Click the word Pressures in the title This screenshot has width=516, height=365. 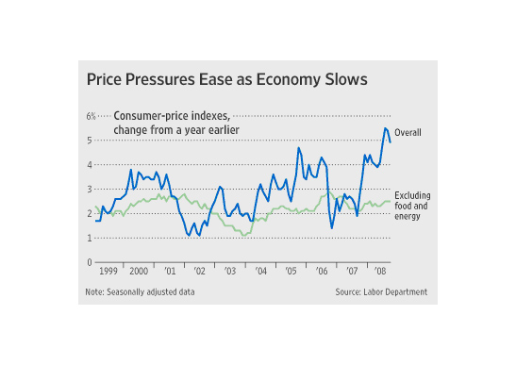pyautogui.click(x=160, y=79)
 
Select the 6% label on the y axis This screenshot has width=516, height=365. pyautogui.click(x=92, y=116)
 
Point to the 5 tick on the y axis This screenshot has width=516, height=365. pyautogui.click(x=90, y=141)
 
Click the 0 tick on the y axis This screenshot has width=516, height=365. pyautogui.click(x=90, y=262)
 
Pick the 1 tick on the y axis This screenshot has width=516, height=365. pyautogui.click(x=90, y=238)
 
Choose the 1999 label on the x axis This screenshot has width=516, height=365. pyautogui.click(x=108, y=272)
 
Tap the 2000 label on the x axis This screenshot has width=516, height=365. pyautogui.click(x=139, y=272)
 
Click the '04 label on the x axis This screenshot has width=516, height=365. pyautogui.click(x=260, y=272)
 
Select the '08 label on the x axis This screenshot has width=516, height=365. pyautogui.click(x=380, y=272)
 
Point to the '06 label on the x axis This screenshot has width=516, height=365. pyautogui.click(x=322, y=272)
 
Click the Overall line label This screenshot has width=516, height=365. pyautogui.click(x=408, y=133)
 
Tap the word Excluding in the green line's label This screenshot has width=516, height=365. pyautogui.click(x=412, y=195)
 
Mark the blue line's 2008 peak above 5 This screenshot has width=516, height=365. pyautogui.click(x=385, y=128)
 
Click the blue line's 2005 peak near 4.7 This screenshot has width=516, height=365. pyautogui.click(x=298, y=148)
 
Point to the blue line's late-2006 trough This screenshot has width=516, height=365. pyautogui.click(x=332, y=228)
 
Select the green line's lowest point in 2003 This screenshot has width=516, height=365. pyautogui.click(x=243, y=236)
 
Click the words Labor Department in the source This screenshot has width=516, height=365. pyautogui.click(x=395, y=292)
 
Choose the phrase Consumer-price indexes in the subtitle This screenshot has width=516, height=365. pyautogui.click(x=172, y=116)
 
